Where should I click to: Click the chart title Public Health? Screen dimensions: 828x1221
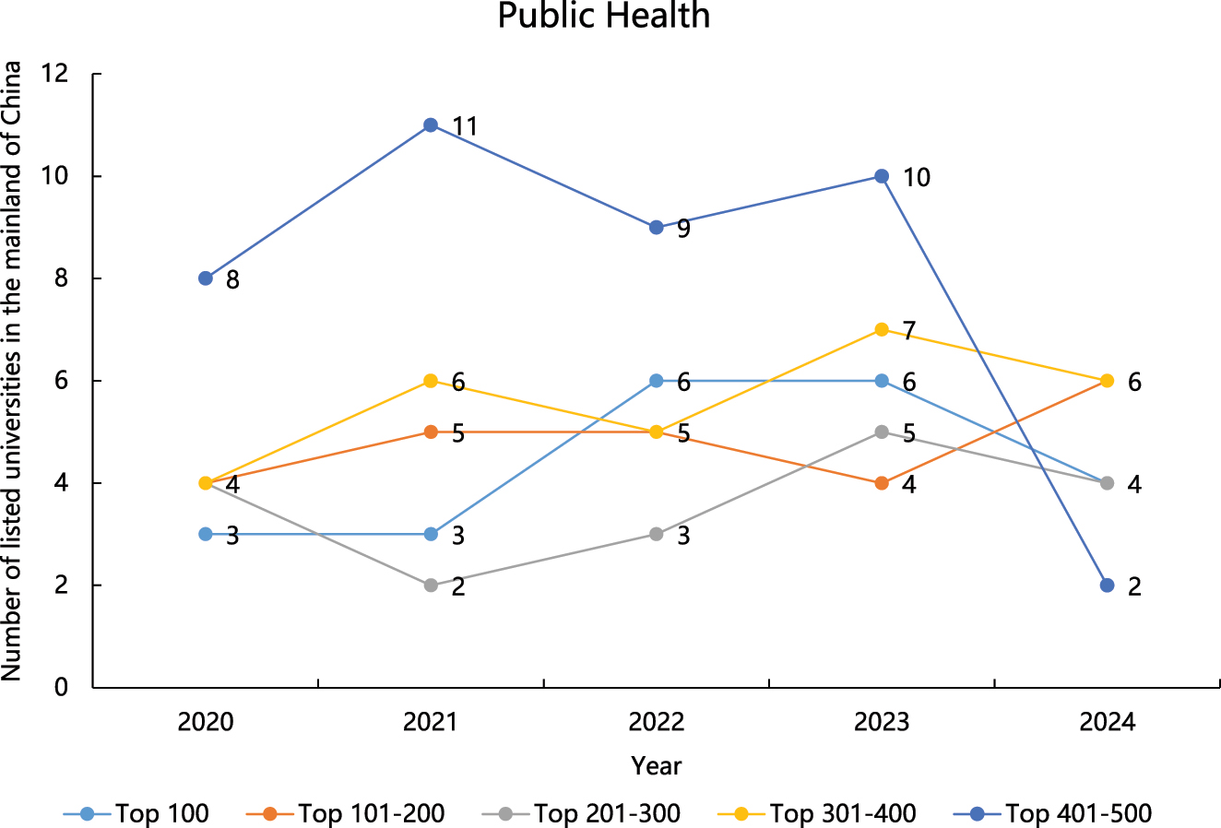coord(604,17)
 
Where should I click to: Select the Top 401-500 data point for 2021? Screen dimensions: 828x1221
coord(431,125)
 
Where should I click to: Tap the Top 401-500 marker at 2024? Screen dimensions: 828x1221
coord(1107,586)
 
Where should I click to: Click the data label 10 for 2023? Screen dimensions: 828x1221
coord(916,177)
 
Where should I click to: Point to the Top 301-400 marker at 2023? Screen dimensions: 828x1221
coord(882,330)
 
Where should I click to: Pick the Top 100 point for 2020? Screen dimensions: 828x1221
coord(206,535)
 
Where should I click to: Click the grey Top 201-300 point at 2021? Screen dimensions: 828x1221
coord(431,586)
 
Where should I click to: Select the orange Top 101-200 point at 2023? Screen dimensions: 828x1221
coord(882,483)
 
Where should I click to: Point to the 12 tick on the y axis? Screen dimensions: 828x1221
coord(56,74)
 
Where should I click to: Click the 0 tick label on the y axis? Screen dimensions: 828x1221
coord(62,687)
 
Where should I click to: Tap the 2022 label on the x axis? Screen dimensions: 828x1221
coord(656,722)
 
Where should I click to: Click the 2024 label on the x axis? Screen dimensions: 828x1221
coord(1107,722)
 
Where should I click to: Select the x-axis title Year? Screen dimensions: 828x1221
coord(656,766)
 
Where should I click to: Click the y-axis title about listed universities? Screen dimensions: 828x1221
coord(12,372)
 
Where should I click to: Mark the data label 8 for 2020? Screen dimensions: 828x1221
coord(232,279)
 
